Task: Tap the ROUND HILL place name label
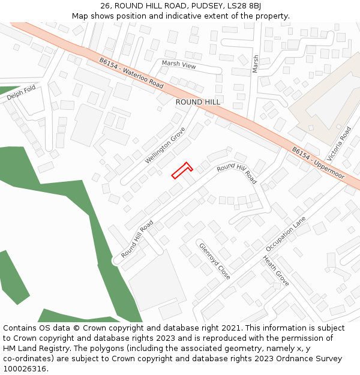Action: tap(197, 102)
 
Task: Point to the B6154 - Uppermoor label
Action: tap(318, 163)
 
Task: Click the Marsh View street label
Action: tap(179, 65)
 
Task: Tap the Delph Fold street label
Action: tap(22, 93)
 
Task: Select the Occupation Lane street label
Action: tap(286, 234)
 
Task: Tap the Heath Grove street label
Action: tap(276, 271)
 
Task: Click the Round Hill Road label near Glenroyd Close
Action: tap(137, 239)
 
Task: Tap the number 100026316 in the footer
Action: tap(25, 369)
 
